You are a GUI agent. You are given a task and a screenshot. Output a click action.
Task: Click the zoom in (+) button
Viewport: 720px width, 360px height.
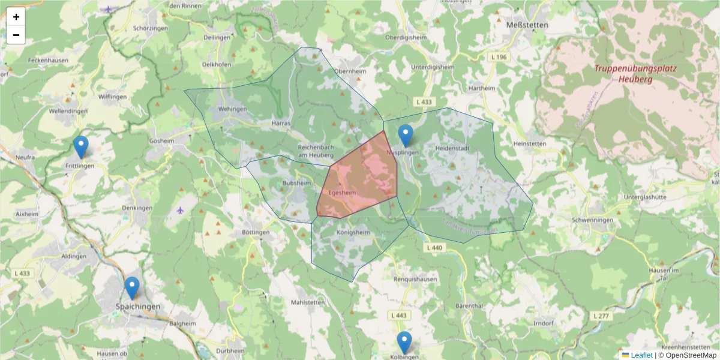[16, 17]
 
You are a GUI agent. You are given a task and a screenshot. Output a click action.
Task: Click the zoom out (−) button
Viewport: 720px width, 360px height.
[16, 35]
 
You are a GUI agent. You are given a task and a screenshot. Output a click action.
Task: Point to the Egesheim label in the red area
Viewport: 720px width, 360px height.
[343, 193]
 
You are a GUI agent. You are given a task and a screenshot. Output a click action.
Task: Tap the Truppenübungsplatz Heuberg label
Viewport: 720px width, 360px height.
[635, 73]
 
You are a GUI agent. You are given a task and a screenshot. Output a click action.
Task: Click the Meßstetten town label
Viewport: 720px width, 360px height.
[520, 25]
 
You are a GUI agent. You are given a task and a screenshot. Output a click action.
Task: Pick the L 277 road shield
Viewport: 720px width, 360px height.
[600, 316]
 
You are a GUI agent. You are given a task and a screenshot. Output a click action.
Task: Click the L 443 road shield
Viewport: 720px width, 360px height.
[400, 316]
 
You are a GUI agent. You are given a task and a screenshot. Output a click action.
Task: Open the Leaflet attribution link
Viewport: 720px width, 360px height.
[641, 355]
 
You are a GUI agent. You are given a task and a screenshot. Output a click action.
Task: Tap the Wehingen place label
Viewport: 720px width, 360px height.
[233, 109]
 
